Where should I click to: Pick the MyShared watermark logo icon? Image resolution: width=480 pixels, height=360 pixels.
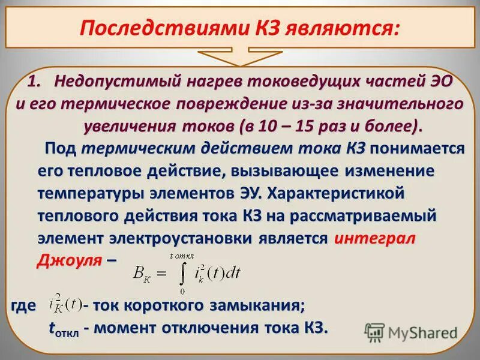pos(374,332)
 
